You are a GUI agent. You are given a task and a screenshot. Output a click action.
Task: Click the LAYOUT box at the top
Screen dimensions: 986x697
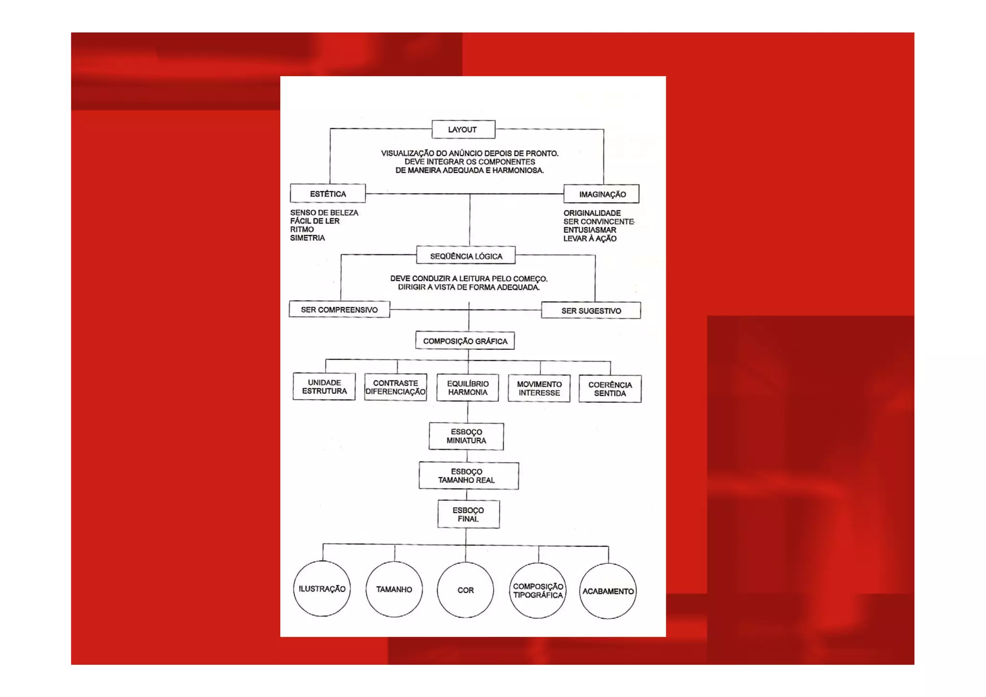coord(463,129)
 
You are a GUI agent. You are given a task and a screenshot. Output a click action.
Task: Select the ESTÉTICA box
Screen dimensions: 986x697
coord(327,194)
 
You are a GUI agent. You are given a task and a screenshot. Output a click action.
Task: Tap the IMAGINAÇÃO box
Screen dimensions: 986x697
coord(601,194)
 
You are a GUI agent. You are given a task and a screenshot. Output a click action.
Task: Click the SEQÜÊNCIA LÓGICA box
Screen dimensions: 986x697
coord(466,256)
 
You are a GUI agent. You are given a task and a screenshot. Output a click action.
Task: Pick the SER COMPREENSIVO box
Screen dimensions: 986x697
coord(339,310)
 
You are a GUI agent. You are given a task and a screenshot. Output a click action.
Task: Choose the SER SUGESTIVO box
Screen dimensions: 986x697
coord(591,310)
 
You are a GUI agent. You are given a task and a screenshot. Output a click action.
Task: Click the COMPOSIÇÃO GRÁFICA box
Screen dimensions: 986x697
coord(465,341)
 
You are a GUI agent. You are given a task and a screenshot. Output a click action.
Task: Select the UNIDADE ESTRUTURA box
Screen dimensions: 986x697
coord(324,387)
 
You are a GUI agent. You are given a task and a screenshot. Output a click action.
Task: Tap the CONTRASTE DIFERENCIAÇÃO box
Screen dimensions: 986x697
coord(395,387)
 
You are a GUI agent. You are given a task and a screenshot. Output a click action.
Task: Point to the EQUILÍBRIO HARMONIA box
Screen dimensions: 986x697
coord(467,388)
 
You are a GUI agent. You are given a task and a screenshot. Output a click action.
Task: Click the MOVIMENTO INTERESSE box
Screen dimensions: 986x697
coord(539,388)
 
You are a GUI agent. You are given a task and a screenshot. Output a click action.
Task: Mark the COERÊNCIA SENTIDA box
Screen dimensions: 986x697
coord(610,389)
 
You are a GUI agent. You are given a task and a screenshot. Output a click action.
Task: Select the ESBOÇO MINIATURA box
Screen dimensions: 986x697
coord(466,436)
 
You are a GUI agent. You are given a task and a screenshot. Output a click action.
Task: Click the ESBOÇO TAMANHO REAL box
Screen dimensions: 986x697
coord(468,476)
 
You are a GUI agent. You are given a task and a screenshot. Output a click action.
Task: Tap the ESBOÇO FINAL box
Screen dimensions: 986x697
coord(468,514)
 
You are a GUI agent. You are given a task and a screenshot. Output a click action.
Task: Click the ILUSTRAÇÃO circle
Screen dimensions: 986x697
coord(322,589)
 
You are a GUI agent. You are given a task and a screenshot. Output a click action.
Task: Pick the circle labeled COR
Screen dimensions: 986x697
coord(465,590)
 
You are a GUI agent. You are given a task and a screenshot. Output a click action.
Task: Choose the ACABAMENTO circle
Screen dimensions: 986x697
coord(608,591)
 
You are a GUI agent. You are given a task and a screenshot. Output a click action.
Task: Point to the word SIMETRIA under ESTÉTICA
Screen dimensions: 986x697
coord(307,238)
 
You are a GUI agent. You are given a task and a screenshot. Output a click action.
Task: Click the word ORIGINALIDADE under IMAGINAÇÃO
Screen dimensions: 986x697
coord(592,213)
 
